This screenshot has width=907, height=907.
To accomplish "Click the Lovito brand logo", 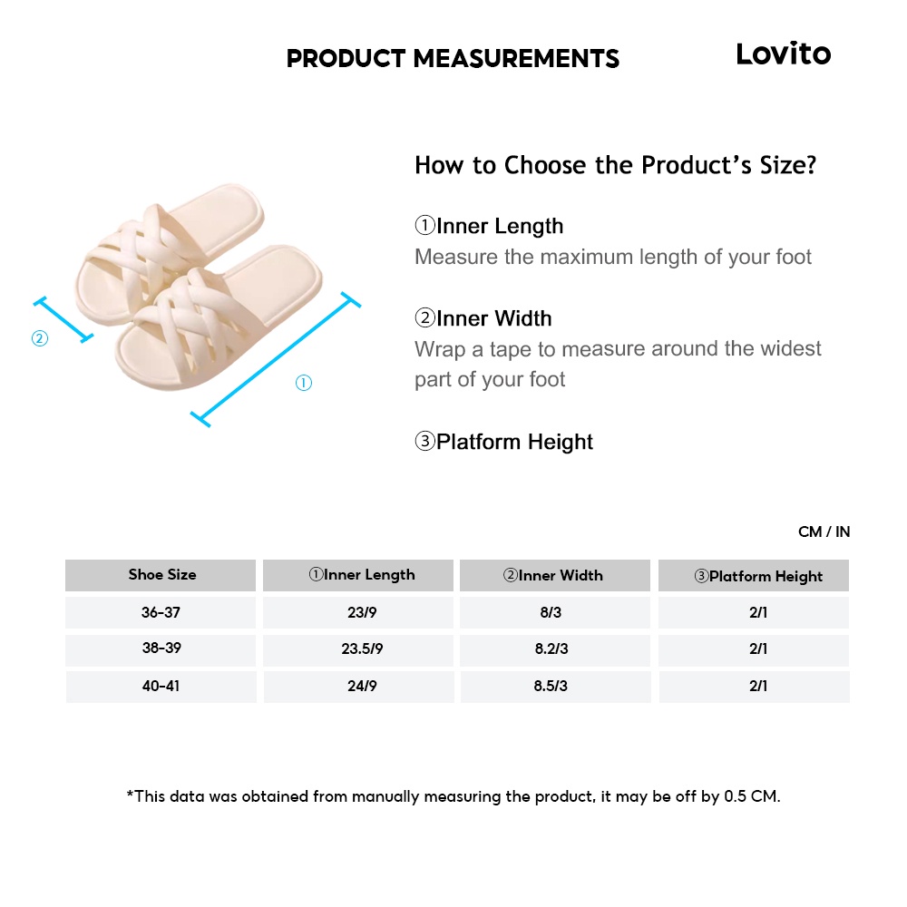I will click(x=783, y=54).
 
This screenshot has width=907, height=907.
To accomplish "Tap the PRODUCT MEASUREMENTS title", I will click(x=453, y=59).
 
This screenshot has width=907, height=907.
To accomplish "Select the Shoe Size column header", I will click(x=161, y=575).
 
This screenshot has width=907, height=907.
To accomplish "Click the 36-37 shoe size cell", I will click(x=161, y=612).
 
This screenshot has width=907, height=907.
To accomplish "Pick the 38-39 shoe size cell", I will click(x=161, y=649).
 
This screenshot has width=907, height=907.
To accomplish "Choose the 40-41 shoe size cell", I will click(x=161, y=687).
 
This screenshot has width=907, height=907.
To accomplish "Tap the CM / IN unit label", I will click(x=824, y=532).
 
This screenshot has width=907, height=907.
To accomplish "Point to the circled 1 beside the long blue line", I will click(x=304, y=384).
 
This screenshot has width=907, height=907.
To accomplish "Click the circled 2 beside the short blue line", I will click(x=39, y=339).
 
